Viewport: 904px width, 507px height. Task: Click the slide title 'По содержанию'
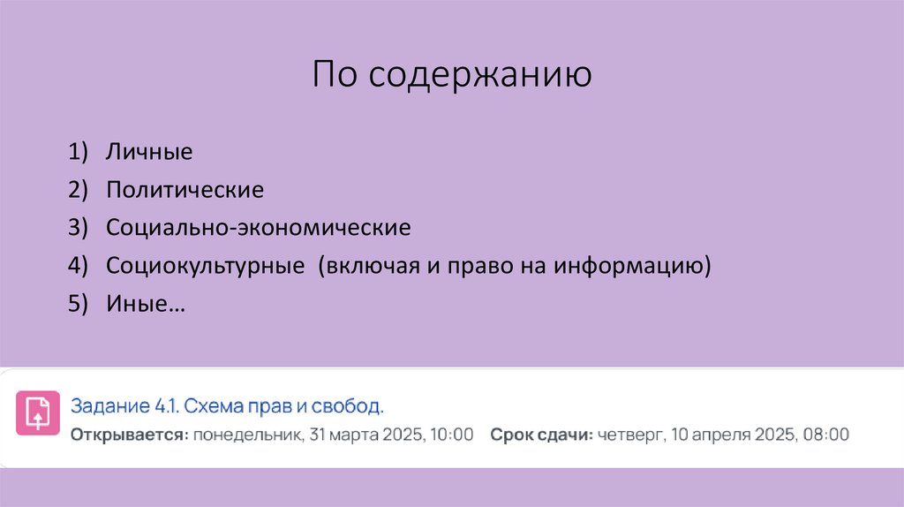[451, 76]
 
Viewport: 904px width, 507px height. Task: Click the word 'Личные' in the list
[149, 152]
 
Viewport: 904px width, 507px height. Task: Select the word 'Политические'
[185, 190]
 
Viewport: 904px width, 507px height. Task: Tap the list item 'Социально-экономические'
[259, 228]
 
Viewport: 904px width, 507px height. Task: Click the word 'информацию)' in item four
[632, 266]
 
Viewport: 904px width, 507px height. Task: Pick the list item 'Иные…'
[146, 304]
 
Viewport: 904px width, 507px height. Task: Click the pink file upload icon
[38, 412]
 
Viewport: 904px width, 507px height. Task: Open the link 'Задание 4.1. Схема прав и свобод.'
[228, 407]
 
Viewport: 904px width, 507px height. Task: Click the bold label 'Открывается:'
[130, 435]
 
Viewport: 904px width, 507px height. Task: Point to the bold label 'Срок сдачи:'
[541, 435]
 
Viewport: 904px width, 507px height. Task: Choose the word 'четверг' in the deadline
[627, 435]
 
